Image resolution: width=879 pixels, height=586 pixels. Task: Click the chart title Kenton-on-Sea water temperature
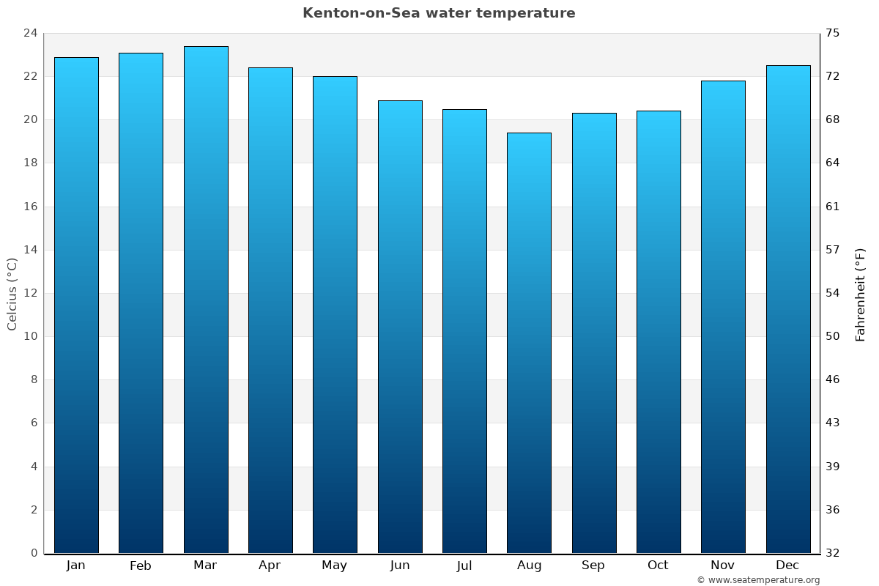[x=439, y=13]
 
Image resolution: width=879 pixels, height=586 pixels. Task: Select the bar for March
[x=206, y=300]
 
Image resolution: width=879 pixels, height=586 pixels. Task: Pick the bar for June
[x=400, y=327]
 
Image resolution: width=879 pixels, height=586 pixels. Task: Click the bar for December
[x=788, y=309]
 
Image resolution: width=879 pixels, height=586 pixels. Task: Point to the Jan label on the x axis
[x=76, y=565]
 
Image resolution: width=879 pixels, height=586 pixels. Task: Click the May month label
[x=335, y=565]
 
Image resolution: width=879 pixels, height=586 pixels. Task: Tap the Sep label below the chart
[x=593, y=565]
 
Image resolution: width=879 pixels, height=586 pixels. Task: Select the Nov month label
[x=723, y=565]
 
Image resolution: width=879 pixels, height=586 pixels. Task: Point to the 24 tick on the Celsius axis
[x=30, y=34]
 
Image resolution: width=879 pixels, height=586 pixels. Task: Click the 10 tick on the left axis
[x=30, y=337]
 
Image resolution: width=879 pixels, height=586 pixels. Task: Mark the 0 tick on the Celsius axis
[x=34, y=553]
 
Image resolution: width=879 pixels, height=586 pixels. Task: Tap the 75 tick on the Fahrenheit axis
[x=834, y=34]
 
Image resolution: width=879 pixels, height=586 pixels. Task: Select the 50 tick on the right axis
[x=834, y=337]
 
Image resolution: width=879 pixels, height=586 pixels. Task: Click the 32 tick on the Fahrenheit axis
[x=834, y=553]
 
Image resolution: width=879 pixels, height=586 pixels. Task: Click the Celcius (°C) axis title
[x=12, y=294]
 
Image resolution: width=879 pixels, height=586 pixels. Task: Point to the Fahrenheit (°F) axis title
[x=861, y=294]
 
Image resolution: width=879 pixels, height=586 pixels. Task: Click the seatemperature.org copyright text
[x=758, y=580]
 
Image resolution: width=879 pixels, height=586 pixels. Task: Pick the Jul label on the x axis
[x=464, y=565]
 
